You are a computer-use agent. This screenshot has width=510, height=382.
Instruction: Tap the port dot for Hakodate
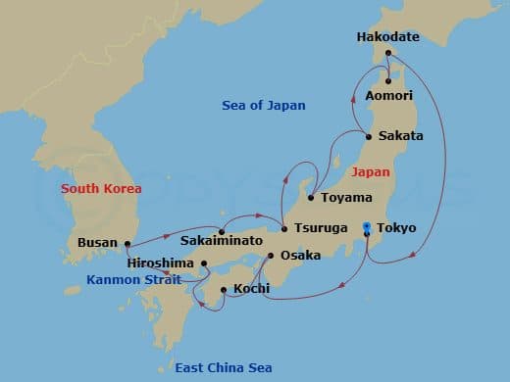pyautogui.click(x=388, y=53)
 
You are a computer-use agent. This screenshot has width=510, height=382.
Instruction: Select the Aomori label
pyautogui.click(x=388, y=96)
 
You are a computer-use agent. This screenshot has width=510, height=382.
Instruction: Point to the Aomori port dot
pyautogui.click(x=389, y=81)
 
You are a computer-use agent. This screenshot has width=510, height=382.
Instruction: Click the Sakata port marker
pyautogui.click(x=368, y=135)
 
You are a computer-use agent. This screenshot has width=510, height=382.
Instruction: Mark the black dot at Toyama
pyautogui.click(x=311, y=198)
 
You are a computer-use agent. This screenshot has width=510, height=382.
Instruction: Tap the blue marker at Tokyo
pyautogui.click(x=366, y=227)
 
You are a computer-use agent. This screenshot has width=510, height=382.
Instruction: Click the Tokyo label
pyautogui.click(x=396, y=228)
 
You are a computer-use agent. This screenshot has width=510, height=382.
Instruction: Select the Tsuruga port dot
pyautogui.click(x=284, y=229)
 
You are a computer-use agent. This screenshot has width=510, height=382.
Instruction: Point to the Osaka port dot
pyautogui.click(x=271, y=256)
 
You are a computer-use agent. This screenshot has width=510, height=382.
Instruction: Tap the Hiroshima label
pyautogui.click(x=162, y=263)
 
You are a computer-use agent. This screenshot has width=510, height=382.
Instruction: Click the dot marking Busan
pyautogui.click(x=127, y=243)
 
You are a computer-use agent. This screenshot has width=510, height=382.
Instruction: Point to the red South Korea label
pyautogui.click(x=101, y=188)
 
